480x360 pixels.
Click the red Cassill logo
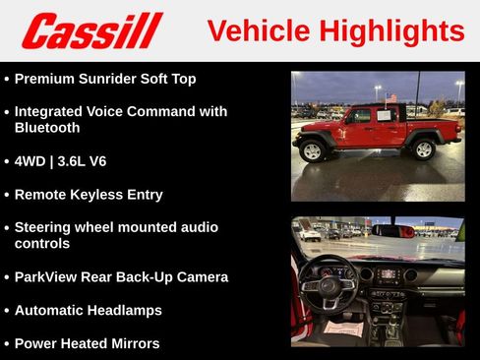pos(91,30)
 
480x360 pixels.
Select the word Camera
pos(200,276)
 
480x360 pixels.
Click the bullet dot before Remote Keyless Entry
pos(8,195)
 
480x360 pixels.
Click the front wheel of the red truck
pos(314,150)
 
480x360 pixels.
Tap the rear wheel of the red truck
pos(423,149)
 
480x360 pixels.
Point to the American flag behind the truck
pos(391,97)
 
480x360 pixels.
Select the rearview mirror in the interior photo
pos(390,231)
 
